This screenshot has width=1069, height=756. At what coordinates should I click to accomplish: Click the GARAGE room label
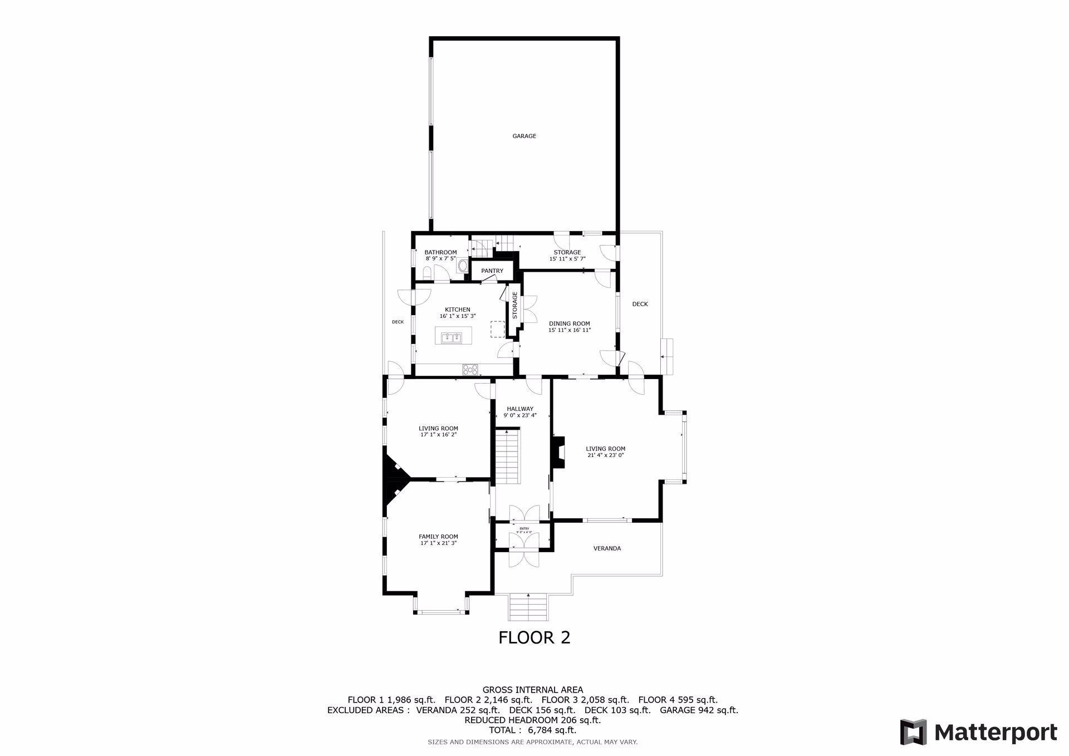point(524,136)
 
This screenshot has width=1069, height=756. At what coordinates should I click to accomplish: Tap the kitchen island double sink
point(452,337)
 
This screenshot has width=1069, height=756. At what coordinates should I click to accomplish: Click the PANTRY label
point(492,271)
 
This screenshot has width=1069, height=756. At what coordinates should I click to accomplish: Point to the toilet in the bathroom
point(426,273)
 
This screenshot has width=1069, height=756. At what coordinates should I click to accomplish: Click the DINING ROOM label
point(569,323)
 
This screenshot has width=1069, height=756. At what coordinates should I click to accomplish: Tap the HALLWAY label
point(520,409)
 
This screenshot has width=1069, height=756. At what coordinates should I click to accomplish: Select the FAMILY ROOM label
point(438,537)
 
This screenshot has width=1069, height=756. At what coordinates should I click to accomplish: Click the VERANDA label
point(607,548)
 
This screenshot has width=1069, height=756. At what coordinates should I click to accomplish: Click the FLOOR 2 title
point(534,637)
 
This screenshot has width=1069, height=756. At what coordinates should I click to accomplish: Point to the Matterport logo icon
point(913,732)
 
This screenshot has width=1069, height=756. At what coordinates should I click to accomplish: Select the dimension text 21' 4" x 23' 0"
point(605,455)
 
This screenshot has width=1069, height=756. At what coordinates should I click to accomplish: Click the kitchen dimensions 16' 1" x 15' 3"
point(457,316)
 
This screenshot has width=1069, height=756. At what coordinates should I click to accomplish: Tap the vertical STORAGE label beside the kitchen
point(515,305)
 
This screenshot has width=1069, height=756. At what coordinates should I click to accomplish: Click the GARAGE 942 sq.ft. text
point(699,710)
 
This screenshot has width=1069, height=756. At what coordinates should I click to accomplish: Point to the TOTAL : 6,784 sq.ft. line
point(532,730)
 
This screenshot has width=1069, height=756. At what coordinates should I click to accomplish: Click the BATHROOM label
point(440,252)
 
